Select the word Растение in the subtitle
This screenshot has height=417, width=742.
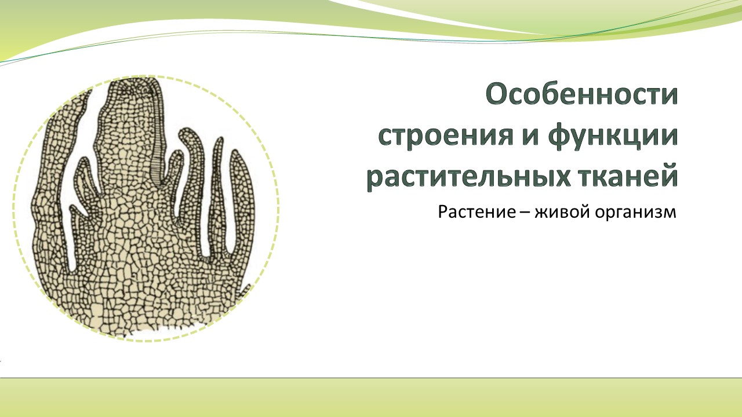click(x=477, y=211)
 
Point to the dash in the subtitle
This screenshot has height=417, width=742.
click(x=525, y=213)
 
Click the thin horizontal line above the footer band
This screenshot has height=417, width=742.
click(x=371, y=378)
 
